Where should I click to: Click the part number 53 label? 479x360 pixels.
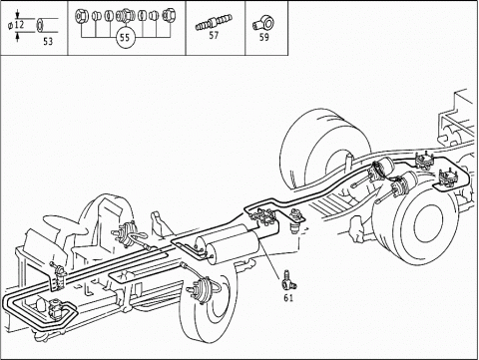(48, 41)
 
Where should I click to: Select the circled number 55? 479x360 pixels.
(125, 37)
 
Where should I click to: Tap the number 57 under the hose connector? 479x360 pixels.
(214, 35)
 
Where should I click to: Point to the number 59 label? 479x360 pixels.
(263, 37)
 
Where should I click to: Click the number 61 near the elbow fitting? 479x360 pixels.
(288, 298)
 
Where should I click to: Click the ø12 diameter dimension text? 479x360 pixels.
(17, 25)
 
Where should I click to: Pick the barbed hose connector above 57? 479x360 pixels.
(214, 22)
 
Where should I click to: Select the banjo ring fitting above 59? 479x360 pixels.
(263, 23)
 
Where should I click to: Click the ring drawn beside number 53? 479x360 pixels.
(40, 26)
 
